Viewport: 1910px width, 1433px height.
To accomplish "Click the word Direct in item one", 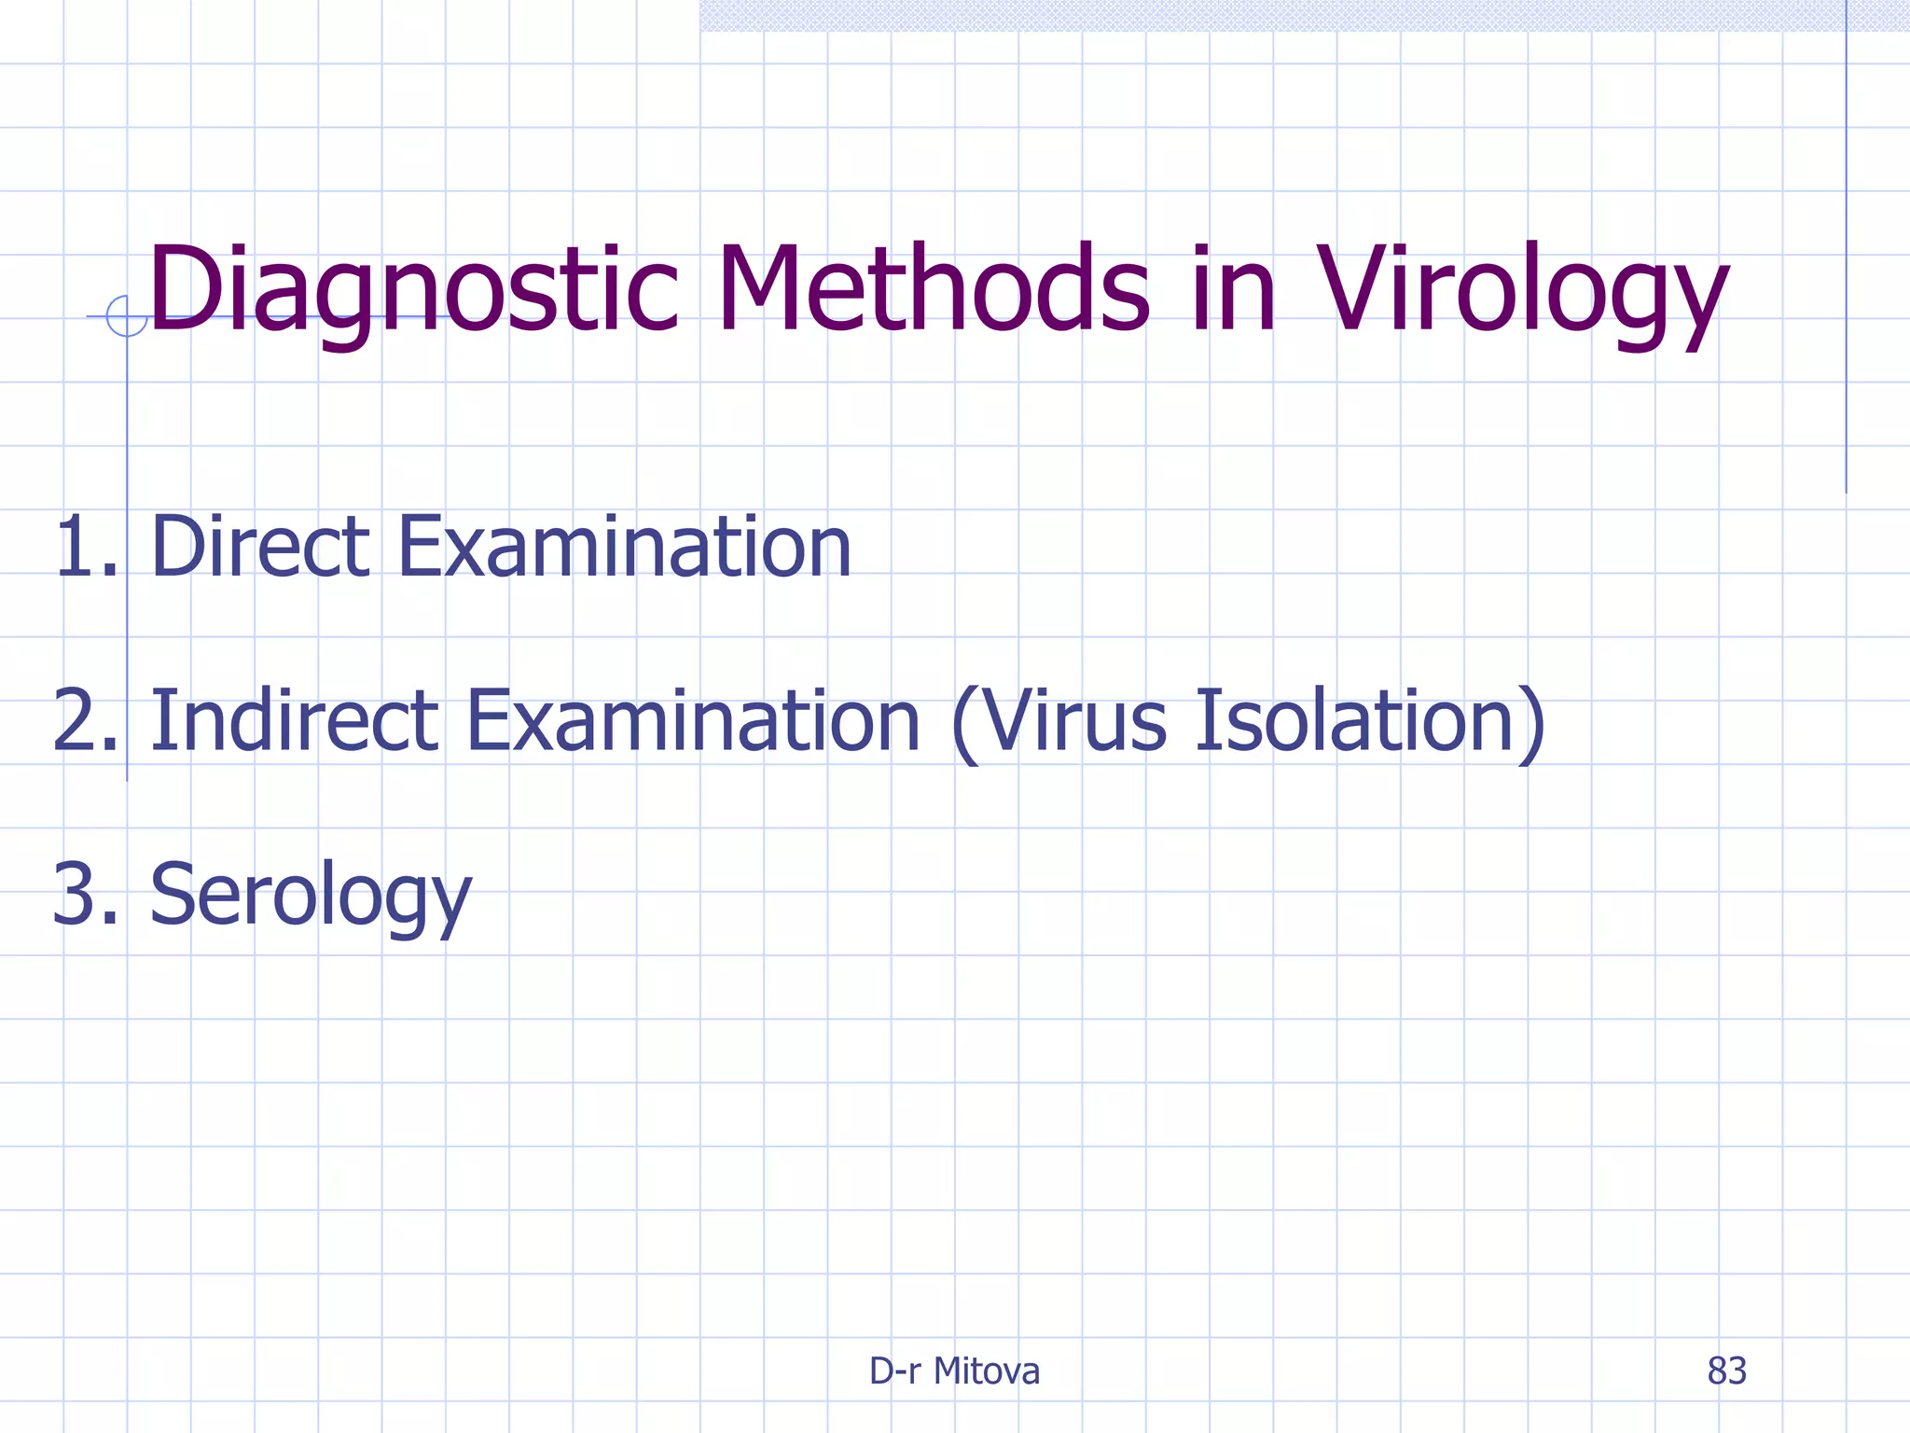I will click(x=260, y=547).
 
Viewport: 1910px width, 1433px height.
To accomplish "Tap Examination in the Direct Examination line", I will click(x=624, y=547).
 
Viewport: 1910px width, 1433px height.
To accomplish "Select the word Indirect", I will click(x=294, y=720).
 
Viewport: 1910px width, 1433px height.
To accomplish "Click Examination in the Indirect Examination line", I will click(x=693, y=720).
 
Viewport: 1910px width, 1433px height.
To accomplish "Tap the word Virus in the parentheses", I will click(x=1073, y=720).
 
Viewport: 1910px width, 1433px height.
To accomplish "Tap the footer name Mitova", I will click(x=987, y=1371).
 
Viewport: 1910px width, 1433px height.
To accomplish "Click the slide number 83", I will click(x=1726, y=1371).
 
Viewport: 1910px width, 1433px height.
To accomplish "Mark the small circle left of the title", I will click(x=127, y=316).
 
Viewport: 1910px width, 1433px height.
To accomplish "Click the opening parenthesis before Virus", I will click(x=965, y=723).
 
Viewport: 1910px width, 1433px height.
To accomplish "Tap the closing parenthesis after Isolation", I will click(x=1531, y=723).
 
